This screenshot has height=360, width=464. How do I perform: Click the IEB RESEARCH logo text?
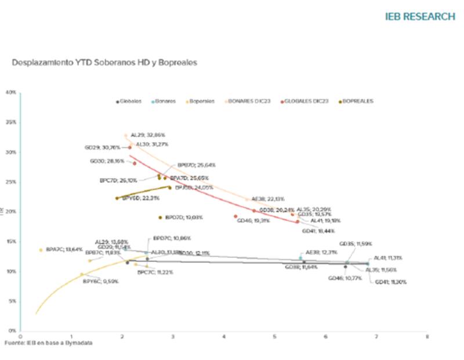pos(420,16)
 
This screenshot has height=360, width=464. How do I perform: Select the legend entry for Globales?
pos(130,101)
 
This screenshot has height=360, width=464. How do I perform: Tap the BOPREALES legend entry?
pos(356,101)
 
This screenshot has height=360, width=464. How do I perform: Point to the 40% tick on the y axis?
pos(11,92)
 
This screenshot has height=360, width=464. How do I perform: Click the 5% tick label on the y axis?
pos(12,301)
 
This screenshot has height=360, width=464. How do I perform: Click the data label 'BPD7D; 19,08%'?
pos(184,217)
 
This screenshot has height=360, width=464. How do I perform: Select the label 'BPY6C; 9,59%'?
pos(100,281)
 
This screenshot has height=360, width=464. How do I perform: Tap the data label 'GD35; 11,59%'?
pos(356,244)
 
